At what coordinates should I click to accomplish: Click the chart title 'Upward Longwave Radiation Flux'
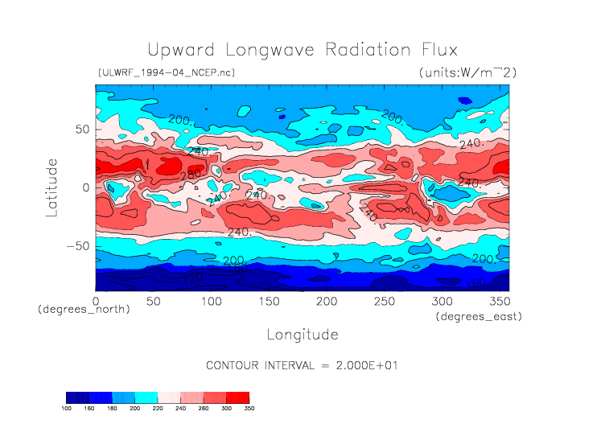coord(302,50)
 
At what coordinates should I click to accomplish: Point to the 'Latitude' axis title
coord(51,187)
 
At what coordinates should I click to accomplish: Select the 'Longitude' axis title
coord(302,334)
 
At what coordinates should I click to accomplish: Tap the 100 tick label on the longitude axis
coord(211,301)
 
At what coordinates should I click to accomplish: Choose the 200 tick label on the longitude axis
coord(326,301)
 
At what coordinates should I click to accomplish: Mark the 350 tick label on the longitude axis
coord(499,301)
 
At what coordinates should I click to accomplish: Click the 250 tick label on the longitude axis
coord(384,301)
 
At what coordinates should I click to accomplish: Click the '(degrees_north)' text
coord(84,310)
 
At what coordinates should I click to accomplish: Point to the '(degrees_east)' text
coord(479,317)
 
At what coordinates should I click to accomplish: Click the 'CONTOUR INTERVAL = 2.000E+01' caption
coord(302,365)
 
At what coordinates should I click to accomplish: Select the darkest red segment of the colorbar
coord(237,397)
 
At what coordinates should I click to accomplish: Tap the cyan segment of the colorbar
coord(146,397)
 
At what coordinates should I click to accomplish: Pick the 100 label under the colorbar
coord(67,409)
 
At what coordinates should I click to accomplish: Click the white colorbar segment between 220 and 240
coord(169,397)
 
